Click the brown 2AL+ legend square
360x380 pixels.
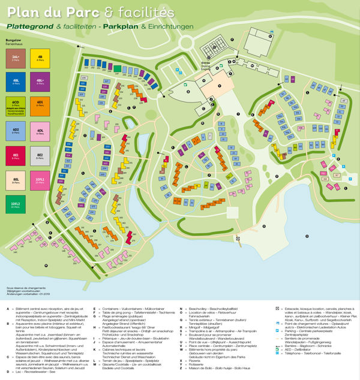tap(15, 59)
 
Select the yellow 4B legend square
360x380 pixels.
tap(40, 59)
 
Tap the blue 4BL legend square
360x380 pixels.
tap(15, 82)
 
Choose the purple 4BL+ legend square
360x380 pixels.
tap(40, 82)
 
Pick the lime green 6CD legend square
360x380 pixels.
tap(15, 105)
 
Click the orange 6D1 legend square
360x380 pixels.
tap(40, 105)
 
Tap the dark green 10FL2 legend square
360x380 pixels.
tap(15, 204)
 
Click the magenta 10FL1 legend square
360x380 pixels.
tap(40, 180)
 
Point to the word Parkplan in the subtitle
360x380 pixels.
tap(121, 27)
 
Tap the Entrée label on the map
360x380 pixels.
tap(206, 62)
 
